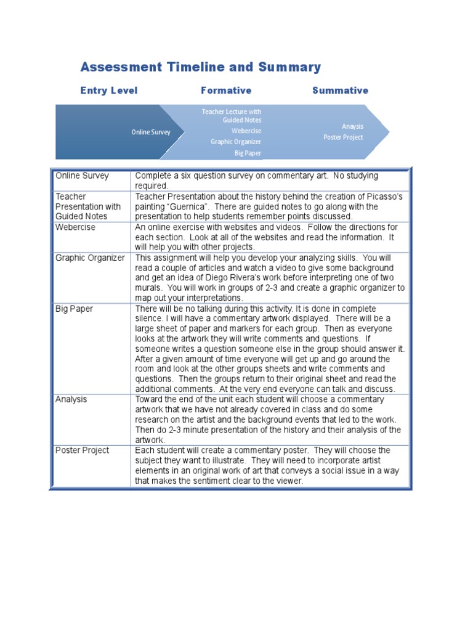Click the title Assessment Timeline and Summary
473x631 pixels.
[x=201, y=67]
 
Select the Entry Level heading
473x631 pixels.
[x=109, y=91]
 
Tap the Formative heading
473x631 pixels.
[x=226, y=91]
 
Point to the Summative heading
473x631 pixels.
[x=340, y=91]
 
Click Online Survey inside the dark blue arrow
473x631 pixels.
[x=151, y=132]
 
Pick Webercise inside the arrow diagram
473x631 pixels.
[x=246, y=131]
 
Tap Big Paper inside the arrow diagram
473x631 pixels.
[x=248, y=153]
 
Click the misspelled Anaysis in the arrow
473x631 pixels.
[x=353, y=126]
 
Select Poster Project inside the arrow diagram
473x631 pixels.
[x=344, y=137]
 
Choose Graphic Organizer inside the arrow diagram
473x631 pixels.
[x=236, y=142]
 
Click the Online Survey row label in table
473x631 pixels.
[x=82, y=176]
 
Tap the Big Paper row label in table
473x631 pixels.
[x=74, y=309]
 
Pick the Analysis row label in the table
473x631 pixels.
[x=71, y=399]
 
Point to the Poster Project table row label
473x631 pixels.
[x=82, y=450]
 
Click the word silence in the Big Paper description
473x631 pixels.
[x=150, y=319]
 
